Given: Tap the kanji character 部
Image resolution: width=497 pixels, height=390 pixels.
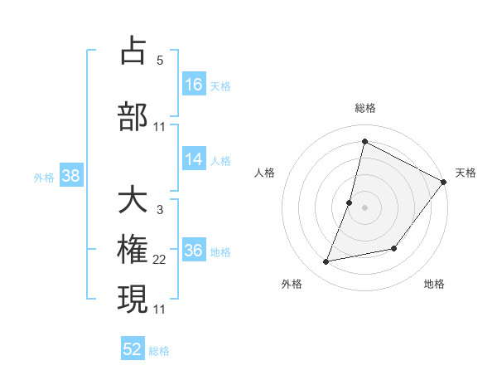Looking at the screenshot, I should click(x=133, y=115).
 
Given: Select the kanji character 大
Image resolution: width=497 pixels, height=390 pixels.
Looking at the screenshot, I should click(x=133, y=200).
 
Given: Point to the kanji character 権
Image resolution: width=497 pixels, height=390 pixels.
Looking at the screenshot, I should click(x=133, y=250).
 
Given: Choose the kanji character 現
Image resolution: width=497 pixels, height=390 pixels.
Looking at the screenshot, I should click(x=133, y=299).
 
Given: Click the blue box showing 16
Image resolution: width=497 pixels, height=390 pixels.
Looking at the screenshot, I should click(x=194, y=84).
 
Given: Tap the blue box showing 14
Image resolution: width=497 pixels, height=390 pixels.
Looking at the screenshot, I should click(x=194, y=159).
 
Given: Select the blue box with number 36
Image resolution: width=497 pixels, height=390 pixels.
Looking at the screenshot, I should click(x=194, y=251).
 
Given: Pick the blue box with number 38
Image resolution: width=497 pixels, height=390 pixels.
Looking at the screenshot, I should click(x=70, y=176).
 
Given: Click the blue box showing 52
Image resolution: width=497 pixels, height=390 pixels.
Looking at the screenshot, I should click(x=133, y=349).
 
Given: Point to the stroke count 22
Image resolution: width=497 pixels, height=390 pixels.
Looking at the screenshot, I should click(x=159, y=260).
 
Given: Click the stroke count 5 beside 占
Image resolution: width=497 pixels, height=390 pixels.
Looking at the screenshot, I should click(x=159, y=60).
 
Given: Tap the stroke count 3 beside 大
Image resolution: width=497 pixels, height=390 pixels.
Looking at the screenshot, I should click(x=159, y=209).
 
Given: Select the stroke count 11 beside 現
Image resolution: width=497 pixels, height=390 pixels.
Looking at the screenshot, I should click(x=159, y=309).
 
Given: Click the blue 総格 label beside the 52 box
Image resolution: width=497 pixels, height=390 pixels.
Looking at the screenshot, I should click(x=159, y=351).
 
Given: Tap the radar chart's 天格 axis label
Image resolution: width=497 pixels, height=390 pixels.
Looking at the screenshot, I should click(x=466, y=173).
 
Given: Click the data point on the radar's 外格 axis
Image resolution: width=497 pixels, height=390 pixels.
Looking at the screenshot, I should click(x=326, y=262).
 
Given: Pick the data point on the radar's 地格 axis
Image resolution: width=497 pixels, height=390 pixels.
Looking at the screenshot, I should click(x=395, y=248).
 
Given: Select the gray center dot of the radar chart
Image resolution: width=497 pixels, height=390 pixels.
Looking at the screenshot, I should click(x=364, y=207).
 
